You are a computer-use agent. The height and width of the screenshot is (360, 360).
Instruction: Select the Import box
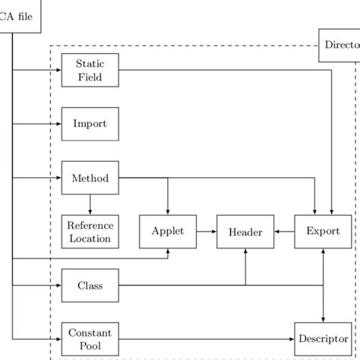pos(90,123)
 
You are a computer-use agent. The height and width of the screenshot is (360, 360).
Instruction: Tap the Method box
pos(90,178)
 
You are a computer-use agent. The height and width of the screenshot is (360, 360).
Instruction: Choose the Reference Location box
pos(90,232)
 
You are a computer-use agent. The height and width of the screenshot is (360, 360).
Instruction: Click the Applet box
pos(168,232)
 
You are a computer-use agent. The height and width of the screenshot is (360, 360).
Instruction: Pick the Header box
pos(245,232)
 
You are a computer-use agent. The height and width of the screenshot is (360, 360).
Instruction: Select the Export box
pos(323,232)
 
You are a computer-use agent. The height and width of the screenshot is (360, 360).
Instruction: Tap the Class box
pos(90,286)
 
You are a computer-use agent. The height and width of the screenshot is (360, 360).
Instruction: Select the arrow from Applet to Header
pos(207,232)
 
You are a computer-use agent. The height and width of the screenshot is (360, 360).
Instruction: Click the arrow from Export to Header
pos(284,232)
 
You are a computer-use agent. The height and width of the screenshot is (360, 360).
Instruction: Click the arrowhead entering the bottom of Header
pos(245,254)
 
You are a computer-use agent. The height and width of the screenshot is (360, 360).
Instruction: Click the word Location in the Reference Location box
pos(90,238)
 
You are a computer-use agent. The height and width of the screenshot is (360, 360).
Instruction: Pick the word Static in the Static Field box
pos(90,65)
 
